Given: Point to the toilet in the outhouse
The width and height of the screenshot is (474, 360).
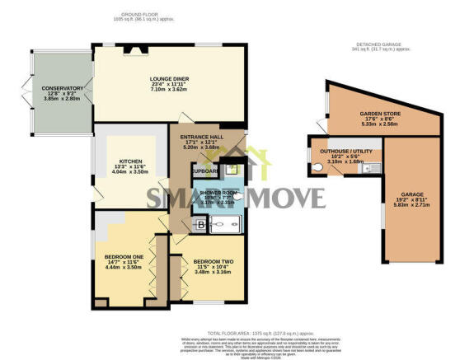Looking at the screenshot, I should tap(317, 166).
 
